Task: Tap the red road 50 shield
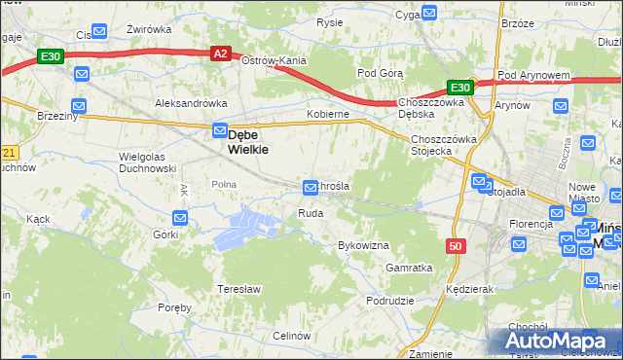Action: coord(456,246)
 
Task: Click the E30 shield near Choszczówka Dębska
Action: coord(460,88)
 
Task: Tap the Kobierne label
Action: coord(327,114)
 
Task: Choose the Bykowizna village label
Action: coord(363,245)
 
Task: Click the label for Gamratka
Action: coord(408,268)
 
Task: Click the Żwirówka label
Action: coord(149,29)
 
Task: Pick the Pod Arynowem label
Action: coord(532,75)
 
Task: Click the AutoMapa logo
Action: coord(559,342)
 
